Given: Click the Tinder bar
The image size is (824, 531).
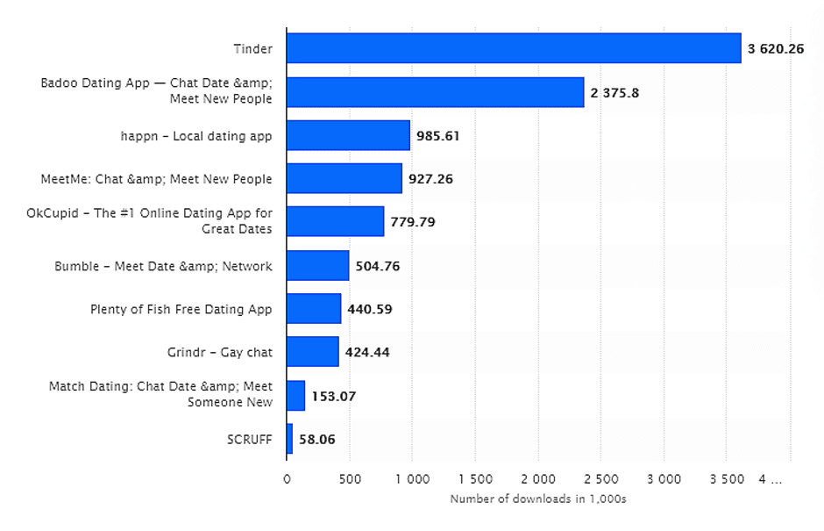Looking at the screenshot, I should tap(514, 48).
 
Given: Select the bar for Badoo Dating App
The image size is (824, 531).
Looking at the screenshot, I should tap(435, 92).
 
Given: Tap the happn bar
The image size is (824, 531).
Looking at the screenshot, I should tap(348, 135).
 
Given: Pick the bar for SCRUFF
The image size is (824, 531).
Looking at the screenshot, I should tap(290, 439).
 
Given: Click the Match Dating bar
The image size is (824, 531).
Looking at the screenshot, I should tap(295, 395).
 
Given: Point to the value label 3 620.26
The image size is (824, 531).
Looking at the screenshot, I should tap(776, 49).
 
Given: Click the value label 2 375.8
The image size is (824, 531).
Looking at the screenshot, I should tap(615, 92).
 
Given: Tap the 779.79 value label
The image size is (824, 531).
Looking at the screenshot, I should tap(413, 222).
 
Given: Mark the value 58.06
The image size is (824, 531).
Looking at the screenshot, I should tap(317, 439).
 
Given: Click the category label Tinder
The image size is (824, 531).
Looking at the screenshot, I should tap(252, 49).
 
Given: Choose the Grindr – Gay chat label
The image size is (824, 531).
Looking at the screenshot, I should tap(219, 352).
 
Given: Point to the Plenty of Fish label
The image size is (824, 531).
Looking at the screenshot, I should tap(181, 309).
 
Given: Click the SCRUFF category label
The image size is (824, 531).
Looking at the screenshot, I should tap(249, 439).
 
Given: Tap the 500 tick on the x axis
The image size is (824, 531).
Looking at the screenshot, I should tap(349, 479).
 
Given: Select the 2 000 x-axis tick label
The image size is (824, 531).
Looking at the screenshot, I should tap(537, 479).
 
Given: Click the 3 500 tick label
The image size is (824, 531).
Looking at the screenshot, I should tap(726, 479).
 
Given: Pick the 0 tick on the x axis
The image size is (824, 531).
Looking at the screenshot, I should tap(287, 479).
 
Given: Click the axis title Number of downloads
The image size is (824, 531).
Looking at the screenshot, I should tap(537, 499).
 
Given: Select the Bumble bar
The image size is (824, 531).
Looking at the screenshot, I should tap(317, 265).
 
